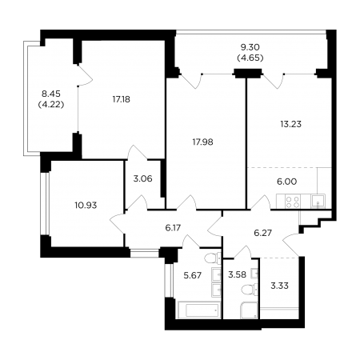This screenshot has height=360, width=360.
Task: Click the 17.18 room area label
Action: pyautogui.click(x=122, y=99)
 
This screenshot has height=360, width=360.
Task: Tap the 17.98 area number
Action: pyautogui.click(x=203, y=142)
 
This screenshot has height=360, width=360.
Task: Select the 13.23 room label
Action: pyautogui.click(x=291, y=124)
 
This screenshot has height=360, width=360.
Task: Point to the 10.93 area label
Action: pyautogui.click(x=86, y=206)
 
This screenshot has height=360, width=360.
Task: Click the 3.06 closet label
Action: pyautogui.click(x=143, y=178)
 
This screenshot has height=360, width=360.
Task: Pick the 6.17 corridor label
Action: pyautogui.click(x=173, y=228)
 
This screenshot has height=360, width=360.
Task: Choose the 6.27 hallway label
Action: pyautogui.click(x=263, y=233)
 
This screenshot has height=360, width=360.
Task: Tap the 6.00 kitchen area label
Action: pyautogui.click(x=287, y=182)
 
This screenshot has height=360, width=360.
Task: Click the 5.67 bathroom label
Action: pyautogui.click(x=193, y=275)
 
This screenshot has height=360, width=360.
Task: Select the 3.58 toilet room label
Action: pyautogui.click(x=238, y=274)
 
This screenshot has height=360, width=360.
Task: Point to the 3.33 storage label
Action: pyautogui.click(x=279, y=286)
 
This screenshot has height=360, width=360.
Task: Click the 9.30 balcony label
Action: pyautogui.click(x=250, y=47)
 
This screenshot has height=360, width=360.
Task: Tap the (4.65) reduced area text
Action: pyautogui.click(x=250, y=58)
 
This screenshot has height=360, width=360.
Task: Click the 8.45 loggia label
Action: pyautogui.click(x=51, y=94)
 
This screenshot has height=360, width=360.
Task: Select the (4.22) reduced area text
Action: pyautogui.click(x=51, y=105)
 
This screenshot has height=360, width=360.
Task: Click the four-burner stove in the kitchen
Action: pyautogui.click(x=293, y=202)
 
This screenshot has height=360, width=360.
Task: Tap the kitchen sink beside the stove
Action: pyautogui.click(x=318, y=201)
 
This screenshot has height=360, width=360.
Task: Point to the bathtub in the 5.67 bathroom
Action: pyautogui.click(x=198, y=310)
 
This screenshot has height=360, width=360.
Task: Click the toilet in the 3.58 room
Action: pyautogui.click(x=250, y=290)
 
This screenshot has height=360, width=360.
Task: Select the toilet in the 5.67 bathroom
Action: pyautogui.click(x=213, y=258)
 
